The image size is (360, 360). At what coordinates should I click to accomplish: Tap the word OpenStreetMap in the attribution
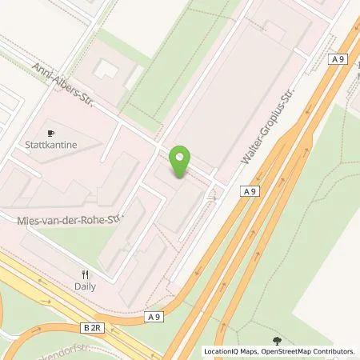pos(284,351)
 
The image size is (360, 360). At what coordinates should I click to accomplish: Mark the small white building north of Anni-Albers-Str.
pos(106,69)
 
